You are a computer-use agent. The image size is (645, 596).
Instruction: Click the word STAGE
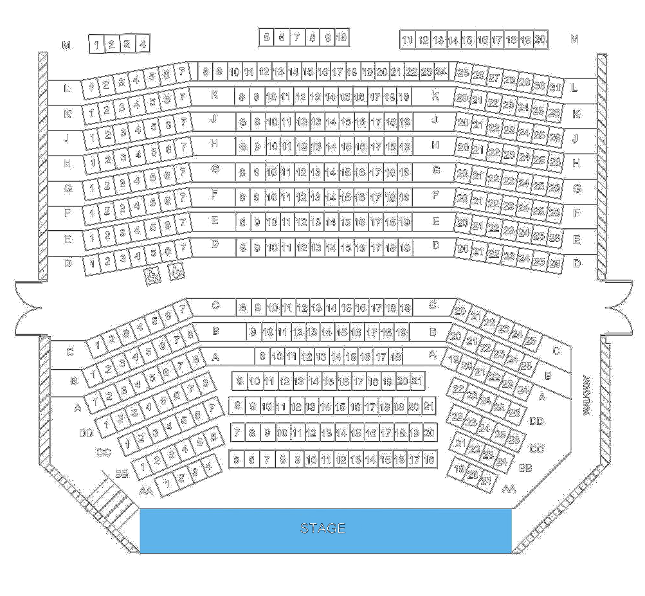(x=323, y=528)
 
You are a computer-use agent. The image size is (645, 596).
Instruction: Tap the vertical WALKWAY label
(x=586, y=395)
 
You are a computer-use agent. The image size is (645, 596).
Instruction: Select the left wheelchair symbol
(x=153, y=276)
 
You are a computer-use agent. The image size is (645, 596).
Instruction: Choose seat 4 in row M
(x=143, y=44)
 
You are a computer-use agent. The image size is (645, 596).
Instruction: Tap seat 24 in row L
(x=441, y=72)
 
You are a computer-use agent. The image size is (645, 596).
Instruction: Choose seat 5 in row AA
(x=237, y=460)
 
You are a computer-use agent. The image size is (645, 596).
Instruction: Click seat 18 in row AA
(x=429, y=460)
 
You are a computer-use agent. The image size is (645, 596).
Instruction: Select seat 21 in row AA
(x=486, y=480)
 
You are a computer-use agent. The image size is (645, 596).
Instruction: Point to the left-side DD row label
(x=86, y=433)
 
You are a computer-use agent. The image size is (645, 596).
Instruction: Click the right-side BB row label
(x=525, y=468)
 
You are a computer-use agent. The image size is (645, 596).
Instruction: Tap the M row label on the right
(x=574, y=39)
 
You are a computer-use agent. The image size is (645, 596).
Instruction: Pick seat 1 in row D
(x=92, y=264)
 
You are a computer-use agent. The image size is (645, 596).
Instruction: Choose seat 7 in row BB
(x=236, y=432)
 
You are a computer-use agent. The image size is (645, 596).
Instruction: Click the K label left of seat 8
(x=215, y=95)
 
